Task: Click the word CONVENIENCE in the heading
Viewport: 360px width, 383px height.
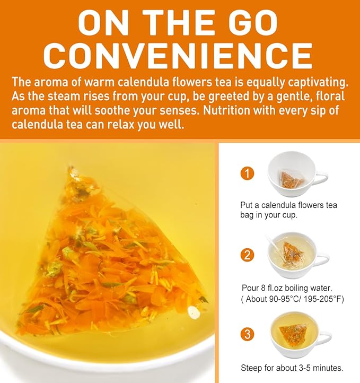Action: click(x=178, y=56)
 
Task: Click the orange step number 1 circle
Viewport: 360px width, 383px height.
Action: click(x=247, y=173)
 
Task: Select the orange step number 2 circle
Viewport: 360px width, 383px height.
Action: click(x=247, y=255)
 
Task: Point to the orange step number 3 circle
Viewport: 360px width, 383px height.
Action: click(x=247, y=334)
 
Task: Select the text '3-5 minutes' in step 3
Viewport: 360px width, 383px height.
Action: click(x=321, y=368)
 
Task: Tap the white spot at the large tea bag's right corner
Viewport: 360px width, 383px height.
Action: click(x=193, y=311)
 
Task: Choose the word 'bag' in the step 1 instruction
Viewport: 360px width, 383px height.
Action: click(x=247, y=215)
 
